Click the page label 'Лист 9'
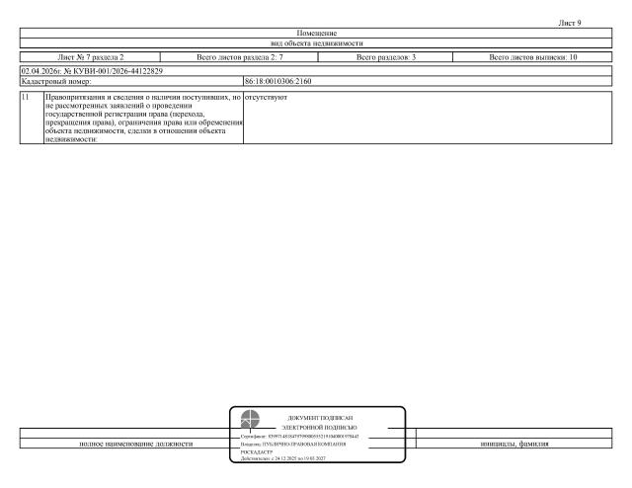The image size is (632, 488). click(570, 23)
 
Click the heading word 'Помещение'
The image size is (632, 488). click(317, 34)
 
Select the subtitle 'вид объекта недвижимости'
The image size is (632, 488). click(317, 44)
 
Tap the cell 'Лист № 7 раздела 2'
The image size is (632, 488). click(92, 58)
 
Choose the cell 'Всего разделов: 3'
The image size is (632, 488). click(386, 58)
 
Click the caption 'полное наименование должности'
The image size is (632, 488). click(136, 445)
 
